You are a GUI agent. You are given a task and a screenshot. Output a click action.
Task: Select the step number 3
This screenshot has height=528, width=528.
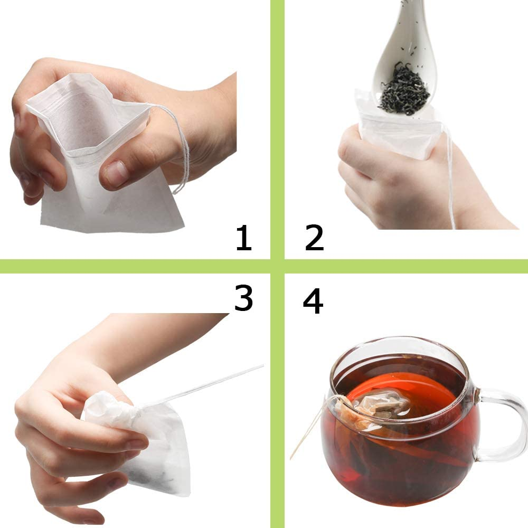(243, 299)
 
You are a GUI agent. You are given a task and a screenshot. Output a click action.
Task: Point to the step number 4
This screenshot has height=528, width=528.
(313, 302)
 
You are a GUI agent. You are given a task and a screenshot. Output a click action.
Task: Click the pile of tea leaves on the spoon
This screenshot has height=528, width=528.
(404, 90)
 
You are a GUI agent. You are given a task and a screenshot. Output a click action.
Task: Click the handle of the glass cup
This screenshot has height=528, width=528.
(502, 422)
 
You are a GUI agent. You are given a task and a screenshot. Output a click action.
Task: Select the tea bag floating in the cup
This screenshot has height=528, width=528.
(378, 407)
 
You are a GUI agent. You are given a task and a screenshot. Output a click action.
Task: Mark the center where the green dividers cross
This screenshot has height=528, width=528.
(277, 266)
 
